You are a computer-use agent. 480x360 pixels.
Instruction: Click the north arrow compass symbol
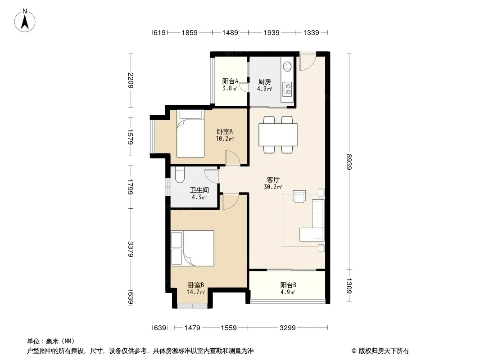(25, 20)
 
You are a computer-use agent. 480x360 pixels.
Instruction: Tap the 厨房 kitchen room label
(264, 81)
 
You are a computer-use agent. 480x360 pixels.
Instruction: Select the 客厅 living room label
(273, 180)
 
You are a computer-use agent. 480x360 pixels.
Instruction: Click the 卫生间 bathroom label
(199, 190)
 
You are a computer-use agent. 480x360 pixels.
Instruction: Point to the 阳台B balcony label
(288, 285)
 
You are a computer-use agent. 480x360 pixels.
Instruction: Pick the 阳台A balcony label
(230, 81)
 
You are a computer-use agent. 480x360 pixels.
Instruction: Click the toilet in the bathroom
(179, 175)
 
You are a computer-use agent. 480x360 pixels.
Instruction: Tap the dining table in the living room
(278, 135)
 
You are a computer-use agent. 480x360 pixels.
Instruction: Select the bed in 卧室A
(190, 134)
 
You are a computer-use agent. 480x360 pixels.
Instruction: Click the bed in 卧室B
(192, 248)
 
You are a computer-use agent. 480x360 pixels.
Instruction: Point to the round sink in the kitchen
(287, 66)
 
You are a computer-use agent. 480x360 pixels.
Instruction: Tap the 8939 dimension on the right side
(349, 162)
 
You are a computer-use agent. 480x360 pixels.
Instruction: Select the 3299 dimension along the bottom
(287, 328)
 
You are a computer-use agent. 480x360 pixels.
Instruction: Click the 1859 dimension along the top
(190, 32)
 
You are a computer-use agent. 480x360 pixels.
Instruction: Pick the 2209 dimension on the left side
(131, 81)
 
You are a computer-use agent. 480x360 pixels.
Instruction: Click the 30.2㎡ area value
(273, 187)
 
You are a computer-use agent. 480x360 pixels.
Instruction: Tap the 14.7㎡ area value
(196, 292)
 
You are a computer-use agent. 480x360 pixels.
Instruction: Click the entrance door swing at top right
(308, 62)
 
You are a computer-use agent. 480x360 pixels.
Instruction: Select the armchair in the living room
(299, 196)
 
